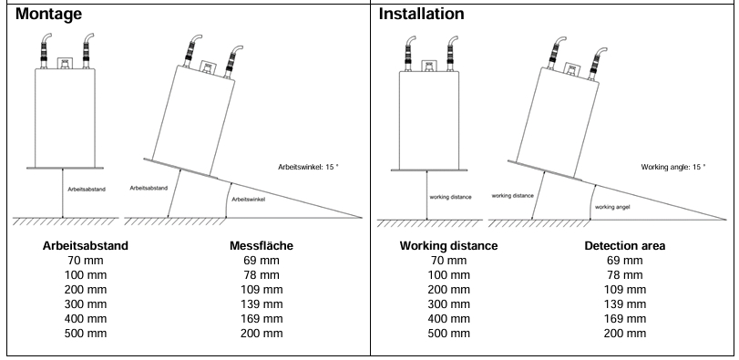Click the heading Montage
click(48, 14)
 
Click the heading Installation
click(421, 14)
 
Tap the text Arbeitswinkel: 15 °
click(308, 167)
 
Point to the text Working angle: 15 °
click(673, 167)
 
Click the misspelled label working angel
click(612, 207)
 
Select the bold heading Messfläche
click(262, 245)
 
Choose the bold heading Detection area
click(625, 245)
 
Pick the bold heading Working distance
click(448, 245)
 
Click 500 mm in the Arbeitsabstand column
click(86, 334)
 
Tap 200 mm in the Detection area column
click(625, 334)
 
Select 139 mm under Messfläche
click(262, 303)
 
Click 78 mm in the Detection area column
click(625, 274)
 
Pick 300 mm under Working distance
click(448, 303)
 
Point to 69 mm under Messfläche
click(262, 260)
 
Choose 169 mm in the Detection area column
click(625, 319)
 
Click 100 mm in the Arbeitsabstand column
click(86, 274)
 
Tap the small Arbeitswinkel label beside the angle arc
click(249, 200)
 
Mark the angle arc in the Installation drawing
click(591, 202)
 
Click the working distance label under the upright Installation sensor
click(450, 197)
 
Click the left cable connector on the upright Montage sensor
click(44, 51)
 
